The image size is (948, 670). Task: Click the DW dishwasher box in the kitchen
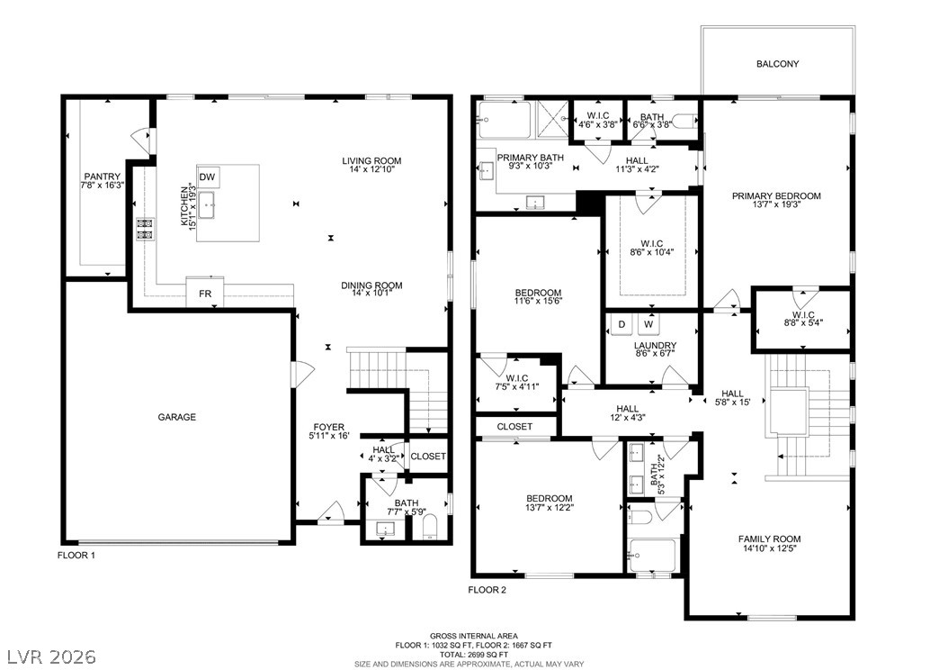[208, 177]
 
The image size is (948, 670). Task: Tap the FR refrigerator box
[205, 293]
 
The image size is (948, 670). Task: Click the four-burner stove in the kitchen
[145, 229]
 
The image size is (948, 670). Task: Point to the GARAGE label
[176, 417]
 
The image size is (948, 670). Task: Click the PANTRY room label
[103, 177]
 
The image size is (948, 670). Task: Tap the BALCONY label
[777, 64]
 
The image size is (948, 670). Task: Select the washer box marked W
[648, 324]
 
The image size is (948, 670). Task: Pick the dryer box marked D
[621, 324]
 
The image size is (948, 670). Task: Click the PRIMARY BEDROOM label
[776, 196]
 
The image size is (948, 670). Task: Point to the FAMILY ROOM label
[769, 539]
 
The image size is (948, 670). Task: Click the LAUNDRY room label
[655, 346]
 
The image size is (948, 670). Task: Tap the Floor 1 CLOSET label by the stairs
[428, 457]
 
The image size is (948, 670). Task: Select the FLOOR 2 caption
[487, 590]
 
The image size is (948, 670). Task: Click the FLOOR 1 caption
[76, 555]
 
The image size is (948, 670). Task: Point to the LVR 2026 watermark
[51, 656]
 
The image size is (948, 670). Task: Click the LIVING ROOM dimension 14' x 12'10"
[371, 169]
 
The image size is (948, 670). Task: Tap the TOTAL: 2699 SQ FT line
[473, 655]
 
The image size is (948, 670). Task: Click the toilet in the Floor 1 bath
[429, 528]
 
